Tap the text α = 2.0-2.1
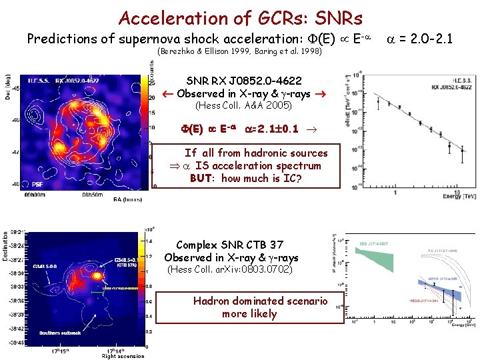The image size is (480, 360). click(419, 39)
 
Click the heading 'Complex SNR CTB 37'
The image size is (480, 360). click(231, 245)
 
